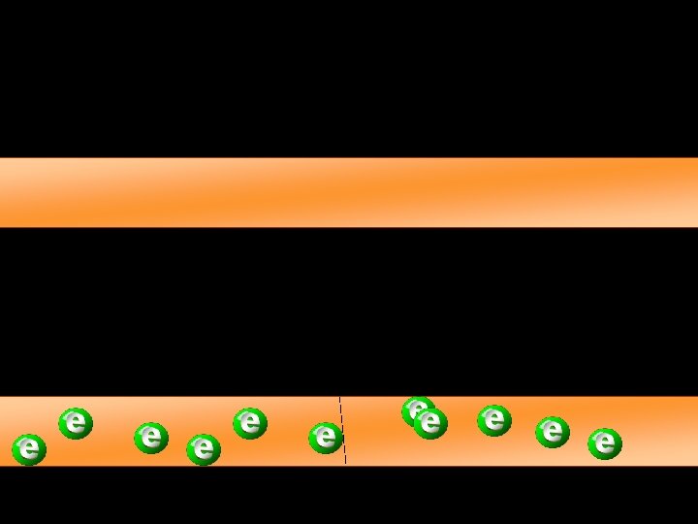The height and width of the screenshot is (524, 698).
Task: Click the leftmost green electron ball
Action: [x=29, y=448]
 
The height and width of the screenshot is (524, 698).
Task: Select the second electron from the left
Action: [x=76, y=423]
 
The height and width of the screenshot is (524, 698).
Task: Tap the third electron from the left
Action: [x=150, y=438]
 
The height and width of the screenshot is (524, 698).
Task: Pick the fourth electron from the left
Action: [x=204, y=448]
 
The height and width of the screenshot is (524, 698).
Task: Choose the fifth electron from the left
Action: [x=250, y=422]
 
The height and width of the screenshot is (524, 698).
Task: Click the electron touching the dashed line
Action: [x=326, y=437]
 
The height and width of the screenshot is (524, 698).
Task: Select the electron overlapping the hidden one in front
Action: [x=430, y=423]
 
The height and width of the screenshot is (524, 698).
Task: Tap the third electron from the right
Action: [x=494, y=420]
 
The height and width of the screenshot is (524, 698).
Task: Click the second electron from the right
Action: [x=553, y=432]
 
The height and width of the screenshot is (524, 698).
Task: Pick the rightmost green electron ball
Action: [x=605, y=443]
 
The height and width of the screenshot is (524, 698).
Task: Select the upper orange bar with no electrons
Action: [x=349, y=192]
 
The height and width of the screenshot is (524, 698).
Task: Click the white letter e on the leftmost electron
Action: [x=30, y=448]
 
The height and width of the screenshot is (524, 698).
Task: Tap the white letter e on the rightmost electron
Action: [x=606, y=443]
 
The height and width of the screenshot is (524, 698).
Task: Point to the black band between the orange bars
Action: [x=349, y=311]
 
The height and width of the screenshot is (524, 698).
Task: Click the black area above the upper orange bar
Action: [x=349, y=78]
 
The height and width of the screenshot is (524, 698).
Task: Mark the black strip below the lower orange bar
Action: [x=349, y=495]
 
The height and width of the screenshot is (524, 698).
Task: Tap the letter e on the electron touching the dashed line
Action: [x=327, y=437]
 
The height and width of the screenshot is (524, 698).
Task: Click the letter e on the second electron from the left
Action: [x=77, y=422]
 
